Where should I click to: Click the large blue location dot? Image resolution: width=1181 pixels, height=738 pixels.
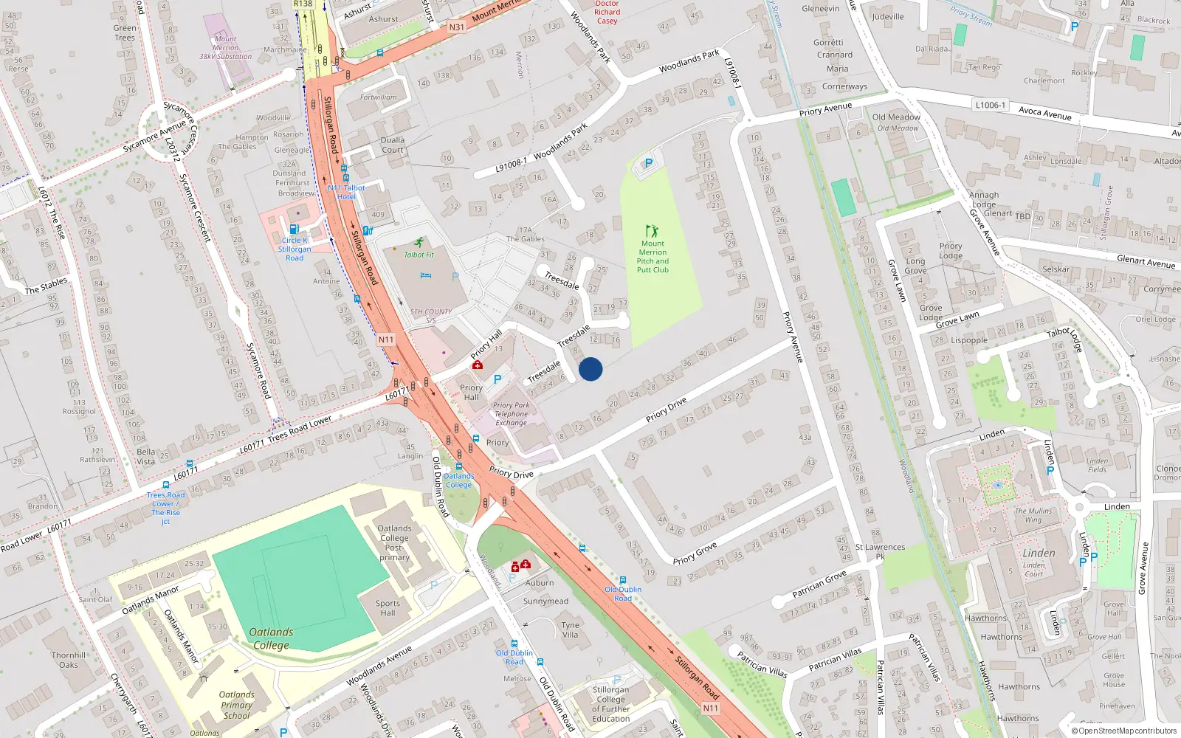tap(590, 369)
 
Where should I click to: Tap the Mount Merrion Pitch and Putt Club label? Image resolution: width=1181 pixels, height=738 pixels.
tap(653, 257)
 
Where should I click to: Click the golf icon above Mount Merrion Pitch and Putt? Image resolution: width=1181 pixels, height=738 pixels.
tap(652, 231)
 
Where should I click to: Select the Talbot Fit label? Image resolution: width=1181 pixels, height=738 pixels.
tap(419, 255)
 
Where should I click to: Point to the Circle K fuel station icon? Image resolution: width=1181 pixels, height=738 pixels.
tap(294, 229)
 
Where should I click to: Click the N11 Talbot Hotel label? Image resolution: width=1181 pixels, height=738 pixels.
tap(346, 192)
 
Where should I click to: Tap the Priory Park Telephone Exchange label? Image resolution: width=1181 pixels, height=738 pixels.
tap(512, 414)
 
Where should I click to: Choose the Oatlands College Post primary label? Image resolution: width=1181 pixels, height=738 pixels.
tap(395, 542)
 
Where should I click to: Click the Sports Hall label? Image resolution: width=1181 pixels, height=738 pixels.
tap(388, 608)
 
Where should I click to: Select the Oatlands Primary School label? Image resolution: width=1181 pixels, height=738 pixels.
tap(237, 705)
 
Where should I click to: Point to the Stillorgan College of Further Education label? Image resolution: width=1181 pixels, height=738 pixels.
tap(611, 704)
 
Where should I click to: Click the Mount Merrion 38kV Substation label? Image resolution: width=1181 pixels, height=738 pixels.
tap(226, 47)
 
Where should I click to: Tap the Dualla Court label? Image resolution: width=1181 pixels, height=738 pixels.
tap(393, 145)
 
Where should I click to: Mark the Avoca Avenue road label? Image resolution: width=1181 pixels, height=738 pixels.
tap(1044, 113)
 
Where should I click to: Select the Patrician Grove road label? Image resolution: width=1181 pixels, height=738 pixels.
tap(819, 584)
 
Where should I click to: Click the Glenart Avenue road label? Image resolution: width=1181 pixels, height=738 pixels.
tap(1146, 261)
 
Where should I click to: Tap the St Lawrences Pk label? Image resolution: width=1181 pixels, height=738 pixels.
tap(880, 551)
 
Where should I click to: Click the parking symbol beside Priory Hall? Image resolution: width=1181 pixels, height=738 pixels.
tap(497, 379)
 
